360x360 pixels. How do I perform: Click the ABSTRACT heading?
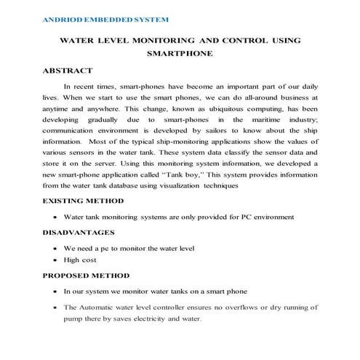pyautogui.click(x=68, y=71)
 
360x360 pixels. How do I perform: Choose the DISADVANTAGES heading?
pyautogui.click(x=79, y=232)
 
